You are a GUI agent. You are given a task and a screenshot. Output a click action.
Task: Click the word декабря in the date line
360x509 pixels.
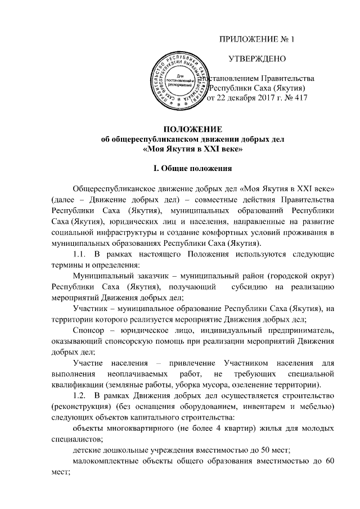(233, 98)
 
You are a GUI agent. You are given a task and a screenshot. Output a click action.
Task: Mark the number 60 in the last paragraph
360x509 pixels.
(331, 461)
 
